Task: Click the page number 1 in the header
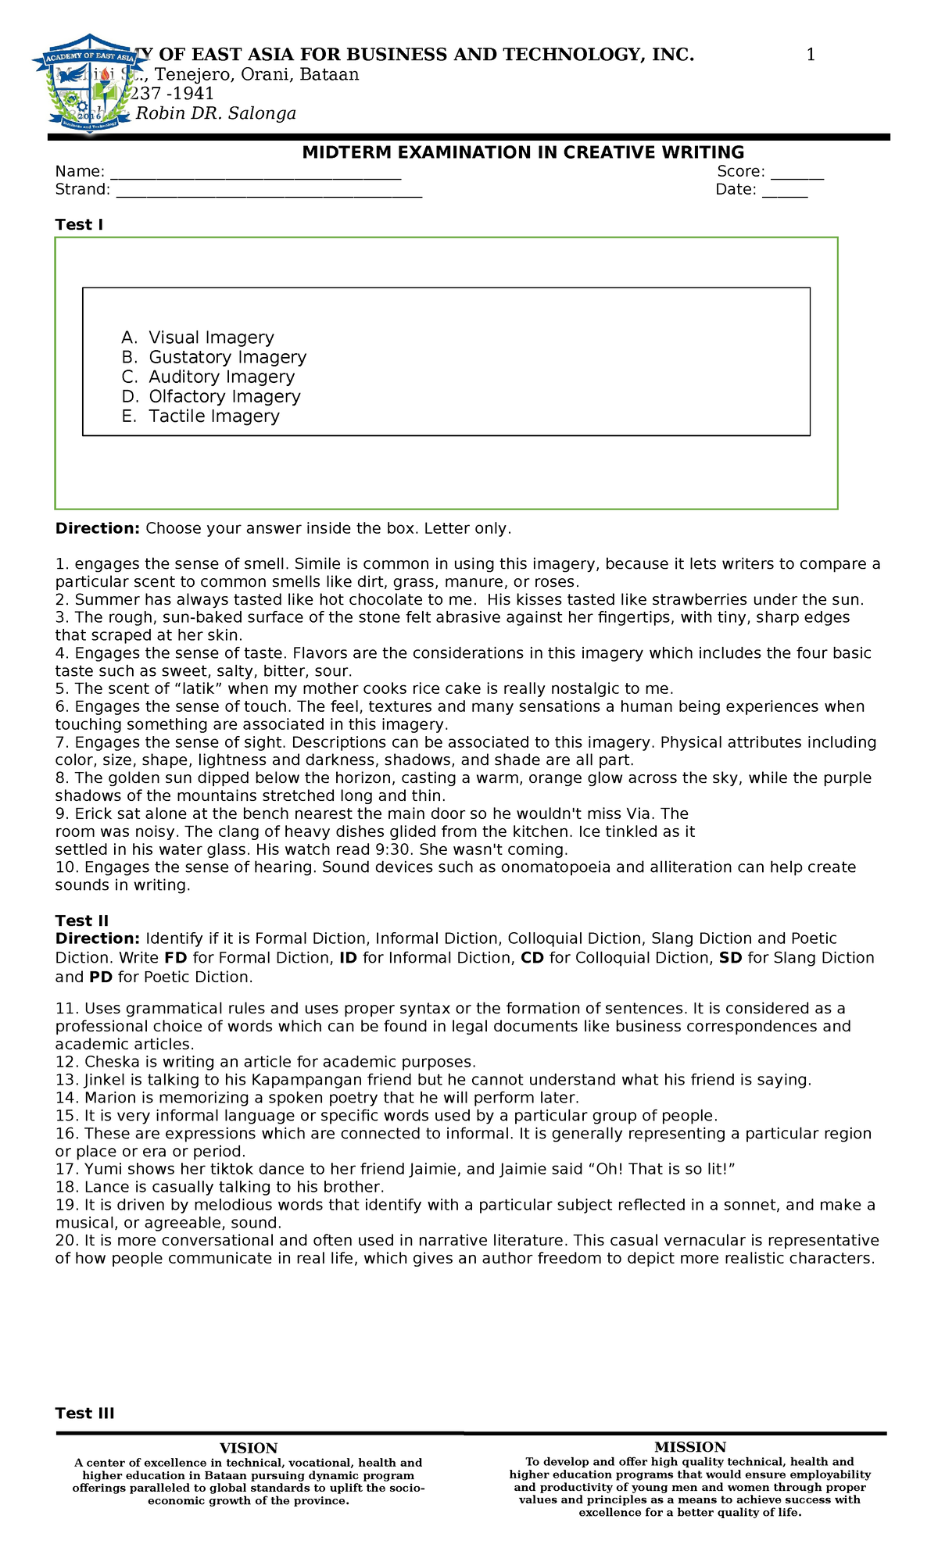[811, 55]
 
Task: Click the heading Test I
[79, 225]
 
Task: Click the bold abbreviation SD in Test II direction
[730, 958]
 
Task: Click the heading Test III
[84, 1413]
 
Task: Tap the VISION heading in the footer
[248, 1448]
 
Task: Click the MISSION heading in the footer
[689, 1447]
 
